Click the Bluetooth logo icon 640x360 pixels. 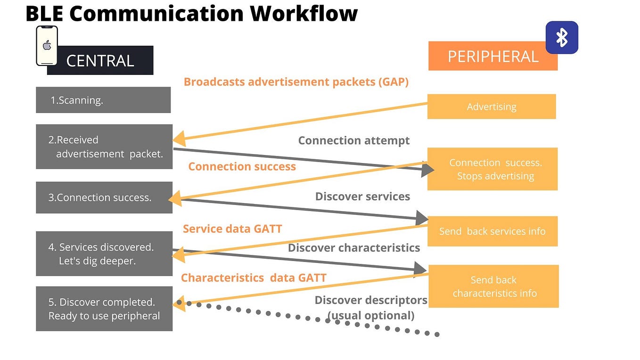point(562,37)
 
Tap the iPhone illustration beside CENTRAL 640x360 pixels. point(47,46)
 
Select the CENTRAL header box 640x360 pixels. point(100,60)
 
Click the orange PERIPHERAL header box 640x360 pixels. point(492,57)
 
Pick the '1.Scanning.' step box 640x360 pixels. point(103,100)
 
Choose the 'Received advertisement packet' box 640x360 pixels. point(104,147)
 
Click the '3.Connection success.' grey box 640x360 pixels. point(103,197)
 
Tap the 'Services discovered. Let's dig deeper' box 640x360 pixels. point(104,254)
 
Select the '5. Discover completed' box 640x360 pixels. point(104,309)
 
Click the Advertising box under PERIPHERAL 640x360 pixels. point(492,106)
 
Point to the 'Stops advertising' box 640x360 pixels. point(492,169)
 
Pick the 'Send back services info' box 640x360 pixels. point(492,231)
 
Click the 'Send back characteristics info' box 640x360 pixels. point(493,286)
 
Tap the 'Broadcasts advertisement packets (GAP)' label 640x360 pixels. point(296,82)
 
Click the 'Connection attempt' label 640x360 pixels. point(354,140)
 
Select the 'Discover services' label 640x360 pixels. point(362,196)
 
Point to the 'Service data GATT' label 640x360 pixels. point(232,229)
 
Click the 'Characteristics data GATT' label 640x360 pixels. point(254,278)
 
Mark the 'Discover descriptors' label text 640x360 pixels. point(371,300)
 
